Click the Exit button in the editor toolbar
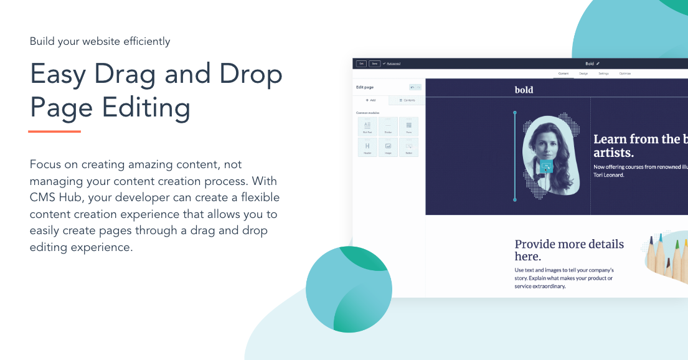coord(361,64)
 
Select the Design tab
coord(583,73)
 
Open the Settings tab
coord(603,73)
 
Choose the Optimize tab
coord(624,73)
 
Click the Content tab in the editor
coord(563,73)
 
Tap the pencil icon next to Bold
coord(598,64)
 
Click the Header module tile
coord(367,147)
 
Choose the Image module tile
coord(388,147)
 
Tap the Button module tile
coord(409,147)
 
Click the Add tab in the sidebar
coord(371,100)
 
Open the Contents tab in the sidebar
coord(407,100)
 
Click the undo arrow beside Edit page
coord(412,87)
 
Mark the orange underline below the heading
coord(55,131)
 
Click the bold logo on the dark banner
coord(524,90)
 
